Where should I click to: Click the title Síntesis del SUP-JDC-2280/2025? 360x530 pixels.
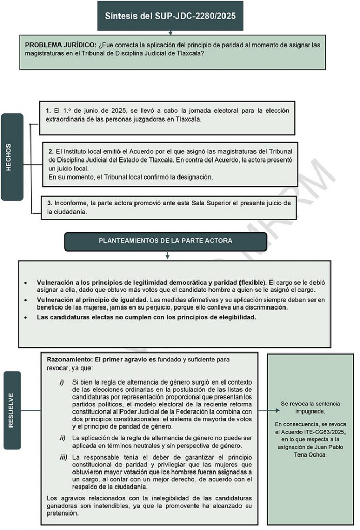(170, 16)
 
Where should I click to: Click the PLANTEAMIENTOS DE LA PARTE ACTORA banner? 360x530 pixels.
(166, 241)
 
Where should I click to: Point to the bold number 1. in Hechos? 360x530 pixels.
(48, 111)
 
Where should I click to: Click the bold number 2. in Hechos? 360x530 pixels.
(51, 151)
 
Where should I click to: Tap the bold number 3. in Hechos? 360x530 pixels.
(50, 203)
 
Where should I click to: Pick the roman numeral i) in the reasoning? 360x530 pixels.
(62, 382)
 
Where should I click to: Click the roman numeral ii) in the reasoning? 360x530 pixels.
(63, 438)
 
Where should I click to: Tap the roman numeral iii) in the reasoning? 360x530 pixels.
(63, 458)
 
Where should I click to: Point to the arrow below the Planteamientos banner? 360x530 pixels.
(167, 256)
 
